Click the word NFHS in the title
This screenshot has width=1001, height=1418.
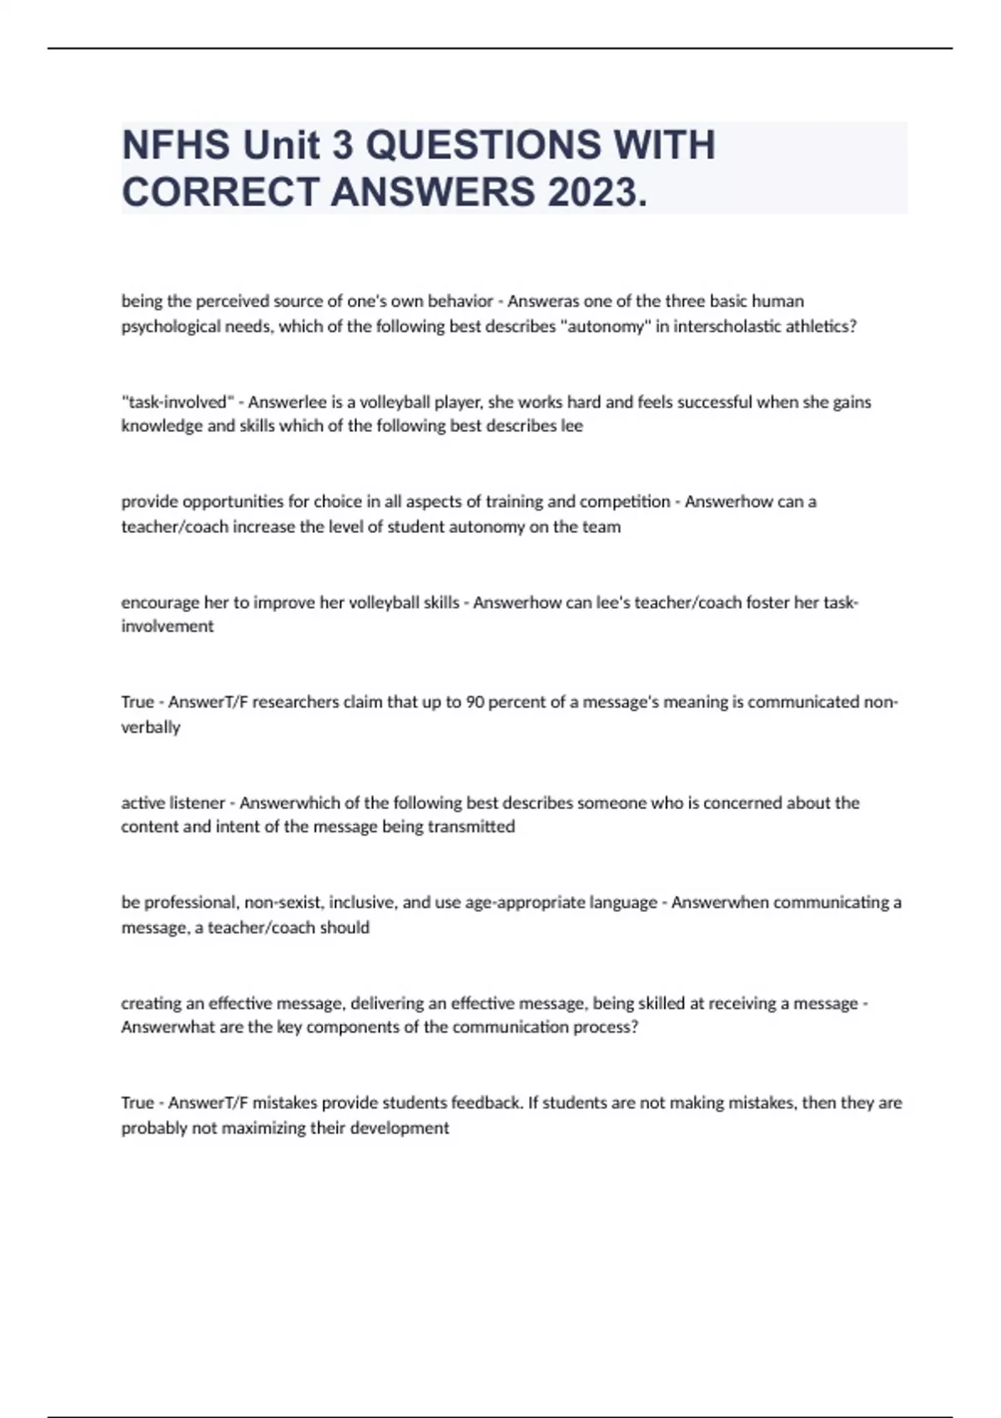point(175,145)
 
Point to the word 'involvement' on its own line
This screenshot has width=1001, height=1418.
point(167,626)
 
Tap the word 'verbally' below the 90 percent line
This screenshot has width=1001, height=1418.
point(150,727)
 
